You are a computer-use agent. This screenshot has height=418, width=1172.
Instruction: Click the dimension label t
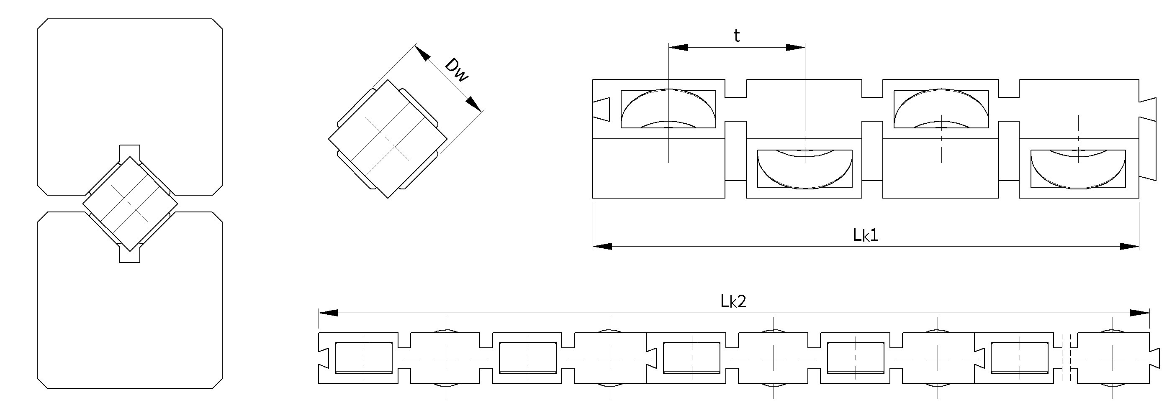point(737,36)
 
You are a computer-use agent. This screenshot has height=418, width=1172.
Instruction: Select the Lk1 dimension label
point(865,234)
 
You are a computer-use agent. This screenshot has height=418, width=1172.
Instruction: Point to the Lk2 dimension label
point(733,301)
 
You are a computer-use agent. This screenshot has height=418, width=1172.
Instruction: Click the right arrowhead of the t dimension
point(796,47)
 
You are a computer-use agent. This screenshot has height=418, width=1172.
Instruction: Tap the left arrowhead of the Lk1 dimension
point(602,246)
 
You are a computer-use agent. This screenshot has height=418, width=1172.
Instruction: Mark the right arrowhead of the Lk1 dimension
point(1130,246)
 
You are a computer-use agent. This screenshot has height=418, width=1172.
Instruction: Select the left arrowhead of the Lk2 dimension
point(328,313)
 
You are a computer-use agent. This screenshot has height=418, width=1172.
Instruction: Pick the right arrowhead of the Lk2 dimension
point(1140,313)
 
